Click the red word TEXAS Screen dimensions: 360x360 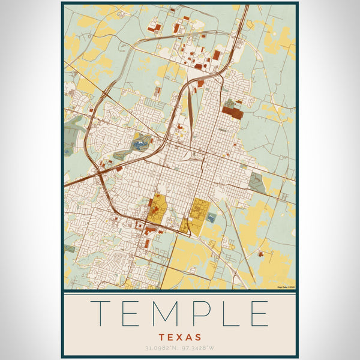[180, 337]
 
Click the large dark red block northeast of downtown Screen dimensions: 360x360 [232, 111]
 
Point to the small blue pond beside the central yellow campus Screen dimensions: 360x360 [211, 218]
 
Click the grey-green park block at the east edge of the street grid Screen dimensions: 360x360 [257, 182]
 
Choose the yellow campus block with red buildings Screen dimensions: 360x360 [157, 209]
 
